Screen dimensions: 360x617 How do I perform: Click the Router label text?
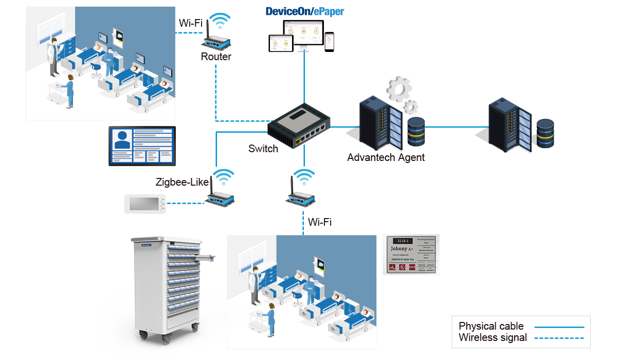(216, 57)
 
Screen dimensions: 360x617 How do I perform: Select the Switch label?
(263, 149)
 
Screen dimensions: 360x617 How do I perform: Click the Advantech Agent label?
(386, 157)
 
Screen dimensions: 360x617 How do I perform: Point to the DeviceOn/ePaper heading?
(304, 12)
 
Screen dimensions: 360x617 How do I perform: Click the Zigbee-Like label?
(183, 183)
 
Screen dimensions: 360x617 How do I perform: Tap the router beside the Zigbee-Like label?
(222, 196)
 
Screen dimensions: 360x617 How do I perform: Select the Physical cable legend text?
(491, 326)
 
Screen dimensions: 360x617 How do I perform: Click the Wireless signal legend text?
(493, 338)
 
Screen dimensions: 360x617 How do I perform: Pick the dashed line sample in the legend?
(559, 338)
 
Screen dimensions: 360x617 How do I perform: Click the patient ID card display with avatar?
(142, 146)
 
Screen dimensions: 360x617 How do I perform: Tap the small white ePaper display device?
(145, 204)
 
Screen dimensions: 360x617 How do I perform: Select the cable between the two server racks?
(452, 127)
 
